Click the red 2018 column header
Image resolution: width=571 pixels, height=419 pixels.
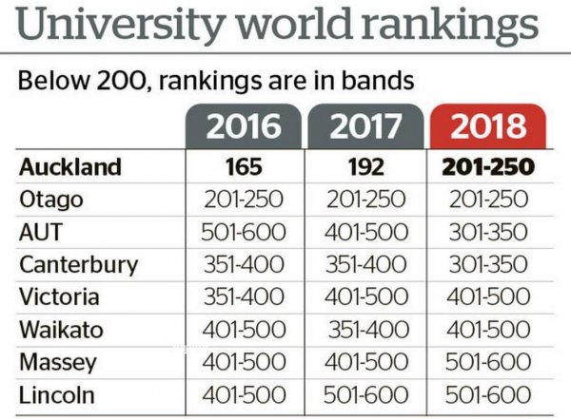(x=488, y=126)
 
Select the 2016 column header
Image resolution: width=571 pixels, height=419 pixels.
(x=244, y=126)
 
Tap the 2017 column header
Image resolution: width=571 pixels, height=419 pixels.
(x=365, y=126)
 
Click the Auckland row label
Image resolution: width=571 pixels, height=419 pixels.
(x=70, y=167)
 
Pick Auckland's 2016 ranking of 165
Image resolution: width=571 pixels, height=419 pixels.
(x=244, y=167)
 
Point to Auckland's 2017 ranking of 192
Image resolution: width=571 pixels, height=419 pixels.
(x=366, y=167)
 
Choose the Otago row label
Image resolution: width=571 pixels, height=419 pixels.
(x=51, y=200)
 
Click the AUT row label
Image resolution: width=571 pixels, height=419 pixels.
(x=41, y=232)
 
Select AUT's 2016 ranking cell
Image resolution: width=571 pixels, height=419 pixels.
(x=244, y=232)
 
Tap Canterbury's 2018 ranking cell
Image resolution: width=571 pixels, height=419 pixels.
(x=488, y=264)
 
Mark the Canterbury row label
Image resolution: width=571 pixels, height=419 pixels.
(x=79, y=265)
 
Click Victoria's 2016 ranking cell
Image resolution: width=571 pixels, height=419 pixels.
(x=244, y=296)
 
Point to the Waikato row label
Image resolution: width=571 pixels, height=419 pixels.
(x=61, y=330)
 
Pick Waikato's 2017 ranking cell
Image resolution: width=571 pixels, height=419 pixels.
(x=368, y=330)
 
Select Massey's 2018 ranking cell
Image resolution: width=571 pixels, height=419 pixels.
(x=488, y=362)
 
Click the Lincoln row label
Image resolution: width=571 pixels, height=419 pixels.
(x=57, y=394)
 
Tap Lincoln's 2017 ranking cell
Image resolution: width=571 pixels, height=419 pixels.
(x=365, y=394)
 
